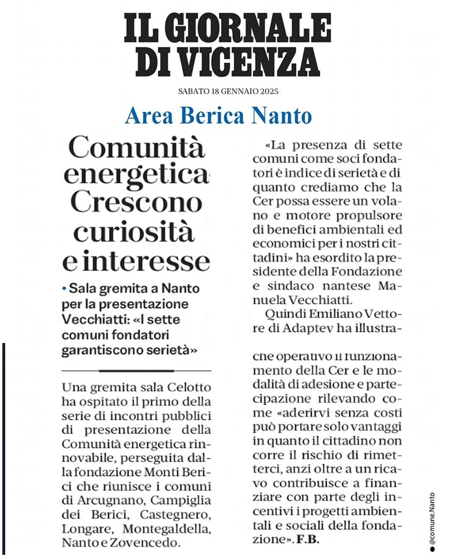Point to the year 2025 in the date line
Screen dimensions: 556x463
click(269, 92)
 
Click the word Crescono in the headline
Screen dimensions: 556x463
click(136, 202)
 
